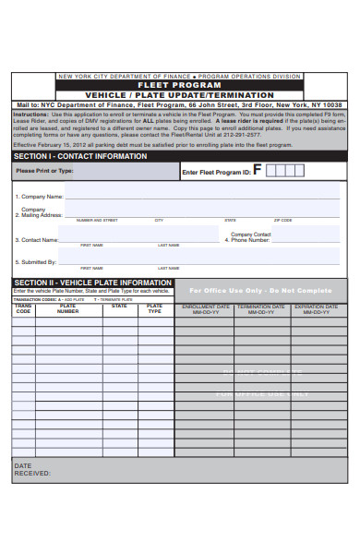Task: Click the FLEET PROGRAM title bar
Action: coord(179,85)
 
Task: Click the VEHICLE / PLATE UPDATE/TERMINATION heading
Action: coord(179,95)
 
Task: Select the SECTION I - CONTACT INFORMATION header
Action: coord(81,156)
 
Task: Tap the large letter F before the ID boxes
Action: coord(258,170)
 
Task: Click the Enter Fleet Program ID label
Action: coord(216,173)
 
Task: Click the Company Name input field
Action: coord(201,196)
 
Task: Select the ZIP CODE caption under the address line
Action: coord(283,221)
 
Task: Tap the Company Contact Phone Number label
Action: coord(248,237)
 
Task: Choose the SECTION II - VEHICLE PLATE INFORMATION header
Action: coord(92,283)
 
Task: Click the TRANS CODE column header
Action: coord(23,308)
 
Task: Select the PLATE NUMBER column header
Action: coord(67,308)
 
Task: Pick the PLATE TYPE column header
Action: coord(155,308)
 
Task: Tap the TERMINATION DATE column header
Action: coord(260,309)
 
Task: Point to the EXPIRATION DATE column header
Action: coord(317,309)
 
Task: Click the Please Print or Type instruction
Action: coord(43,171)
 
